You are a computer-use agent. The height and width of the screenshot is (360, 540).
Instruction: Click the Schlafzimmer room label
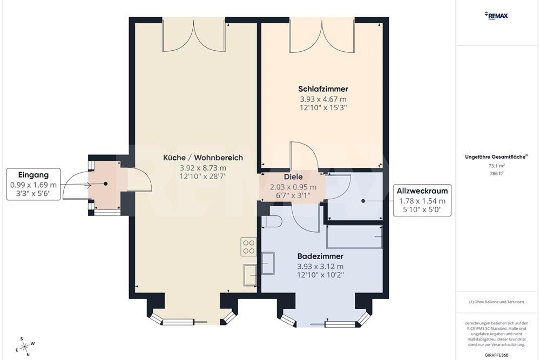323,89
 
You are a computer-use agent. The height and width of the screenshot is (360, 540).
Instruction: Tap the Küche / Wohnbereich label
203,158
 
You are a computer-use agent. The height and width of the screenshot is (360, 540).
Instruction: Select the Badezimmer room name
320,256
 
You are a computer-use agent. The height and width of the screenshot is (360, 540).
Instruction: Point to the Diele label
293,176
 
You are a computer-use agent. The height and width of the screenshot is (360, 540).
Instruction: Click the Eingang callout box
33,184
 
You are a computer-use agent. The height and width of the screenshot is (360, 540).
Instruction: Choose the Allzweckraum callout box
422,200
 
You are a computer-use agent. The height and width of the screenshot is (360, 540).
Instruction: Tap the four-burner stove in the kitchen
248,247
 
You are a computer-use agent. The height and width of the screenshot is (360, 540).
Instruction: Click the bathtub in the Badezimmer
354,237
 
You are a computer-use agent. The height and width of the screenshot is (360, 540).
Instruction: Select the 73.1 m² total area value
496,166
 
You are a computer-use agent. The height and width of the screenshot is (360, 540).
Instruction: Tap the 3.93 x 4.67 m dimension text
323,99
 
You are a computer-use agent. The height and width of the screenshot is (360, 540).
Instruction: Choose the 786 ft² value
496,173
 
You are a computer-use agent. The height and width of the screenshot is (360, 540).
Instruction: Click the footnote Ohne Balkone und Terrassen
497,302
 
